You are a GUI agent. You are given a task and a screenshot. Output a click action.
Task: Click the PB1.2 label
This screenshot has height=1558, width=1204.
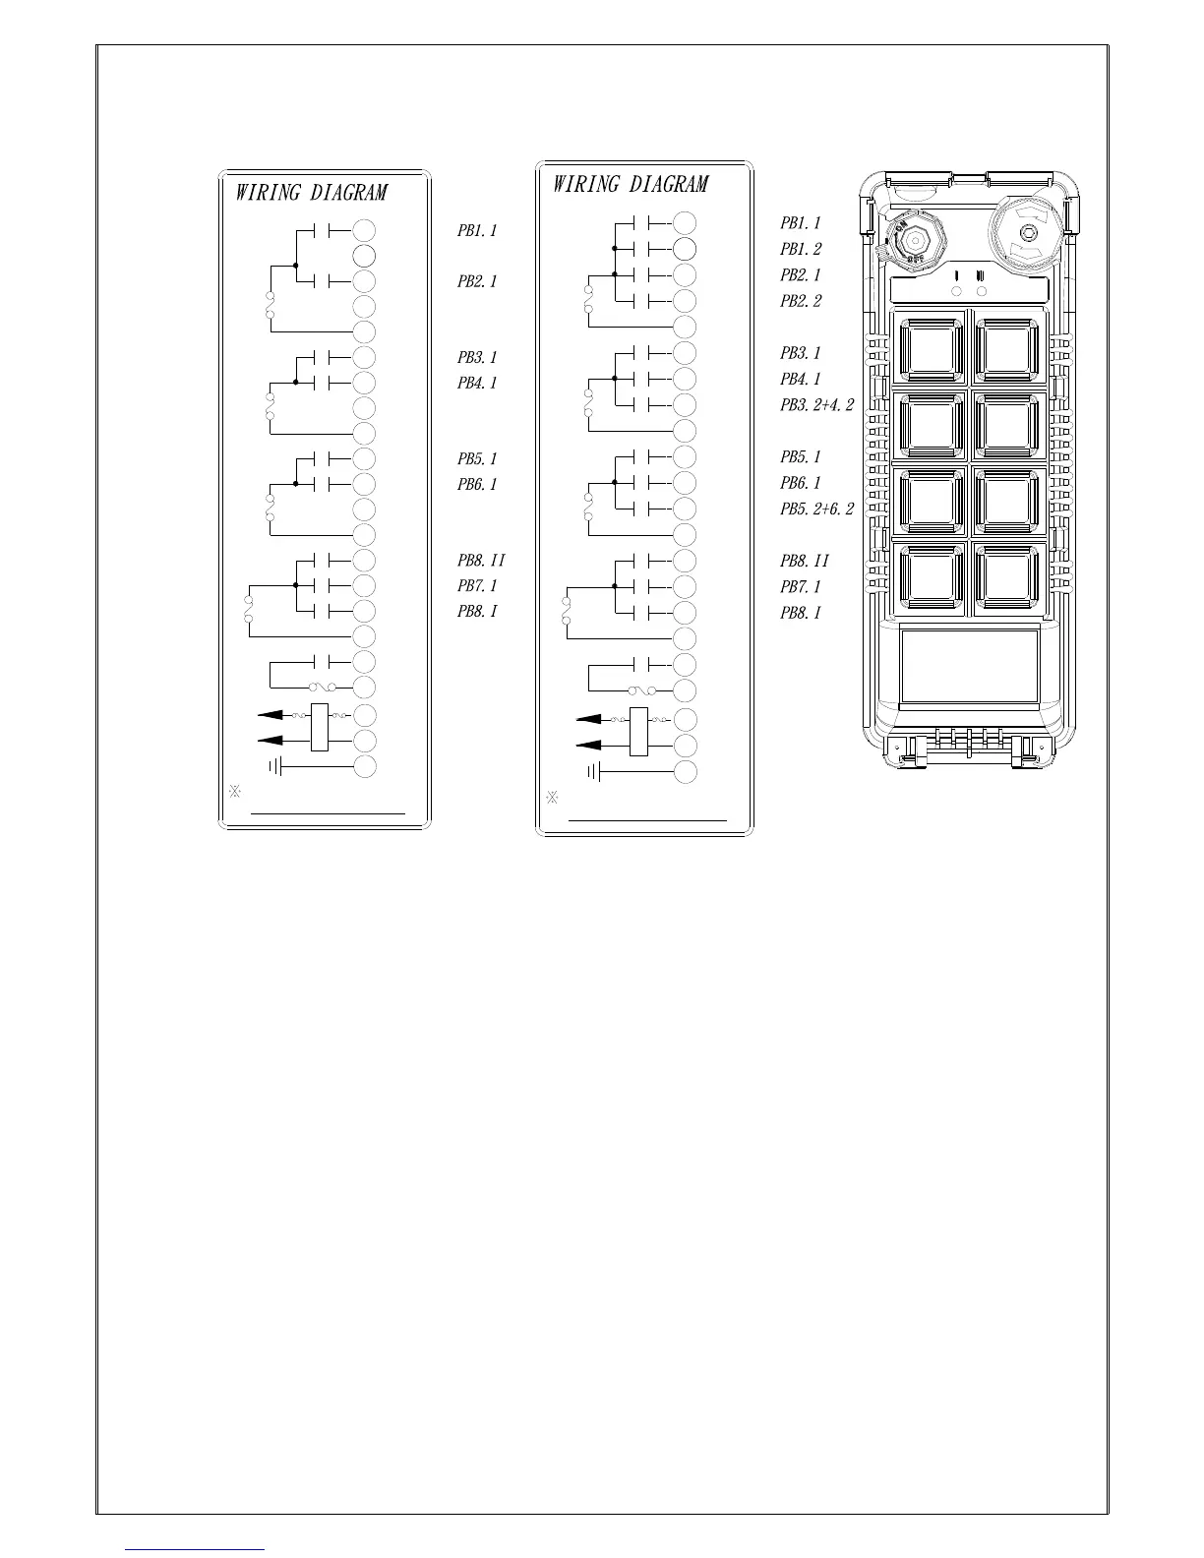801,250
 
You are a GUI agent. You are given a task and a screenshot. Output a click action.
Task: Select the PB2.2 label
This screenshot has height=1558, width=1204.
801,302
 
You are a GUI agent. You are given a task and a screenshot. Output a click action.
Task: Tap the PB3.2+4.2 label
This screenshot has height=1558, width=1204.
816,405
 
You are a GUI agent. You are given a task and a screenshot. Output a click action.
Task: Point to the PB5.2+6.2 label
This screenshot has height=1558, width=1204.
816,509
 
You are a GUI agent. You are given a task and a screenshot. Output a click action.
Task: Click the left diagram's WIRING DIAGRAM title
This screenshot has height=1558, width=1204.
311,193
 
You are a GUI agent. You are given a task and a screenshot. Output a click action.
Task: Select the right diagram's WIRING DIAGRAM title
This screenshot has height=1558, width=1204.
630,185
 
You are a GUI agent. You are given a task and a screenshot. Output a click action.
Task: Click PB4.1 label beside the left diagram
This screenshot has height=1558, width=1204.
477,384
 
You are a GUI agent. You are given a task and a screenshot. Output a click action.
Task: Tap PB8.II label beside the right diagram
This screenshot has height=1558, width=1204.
805,561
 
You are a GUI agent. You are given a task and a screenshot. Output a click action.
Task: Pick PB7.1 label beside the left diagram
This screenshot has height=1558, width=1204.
477,586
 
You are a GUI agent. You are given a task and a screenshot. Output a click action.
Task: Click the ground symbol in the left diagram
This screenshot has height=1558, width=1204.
276,766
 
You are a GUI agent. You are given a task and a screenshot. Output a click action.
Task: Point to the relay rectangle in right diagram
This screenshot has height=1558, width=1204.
638,732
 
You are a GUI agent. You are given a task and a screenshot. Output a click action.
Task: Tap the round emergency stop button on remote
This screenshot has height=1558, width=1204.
1025,234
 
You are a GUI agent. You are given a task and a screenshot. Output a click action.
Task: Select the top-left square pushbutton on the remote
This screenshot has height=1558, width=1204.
930,349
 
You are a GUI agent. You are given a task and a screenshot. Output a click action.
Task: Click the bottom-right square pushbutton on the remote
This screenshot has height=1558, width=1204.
1008,577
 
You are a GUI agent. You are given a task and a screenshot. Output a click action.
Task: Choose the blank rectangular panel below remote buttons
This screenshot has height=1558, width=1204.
969,666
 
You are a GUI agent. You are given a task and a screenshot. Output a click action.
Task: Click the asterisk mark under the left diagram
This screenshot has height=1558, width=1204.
235,792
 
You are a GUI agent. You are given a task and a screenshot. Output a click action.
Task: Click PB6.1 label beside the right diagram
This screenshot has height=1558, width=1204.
801,483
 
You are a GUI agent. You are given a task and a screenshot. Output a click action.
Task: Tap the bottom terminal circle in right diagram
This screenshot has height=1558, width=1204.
686,772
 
